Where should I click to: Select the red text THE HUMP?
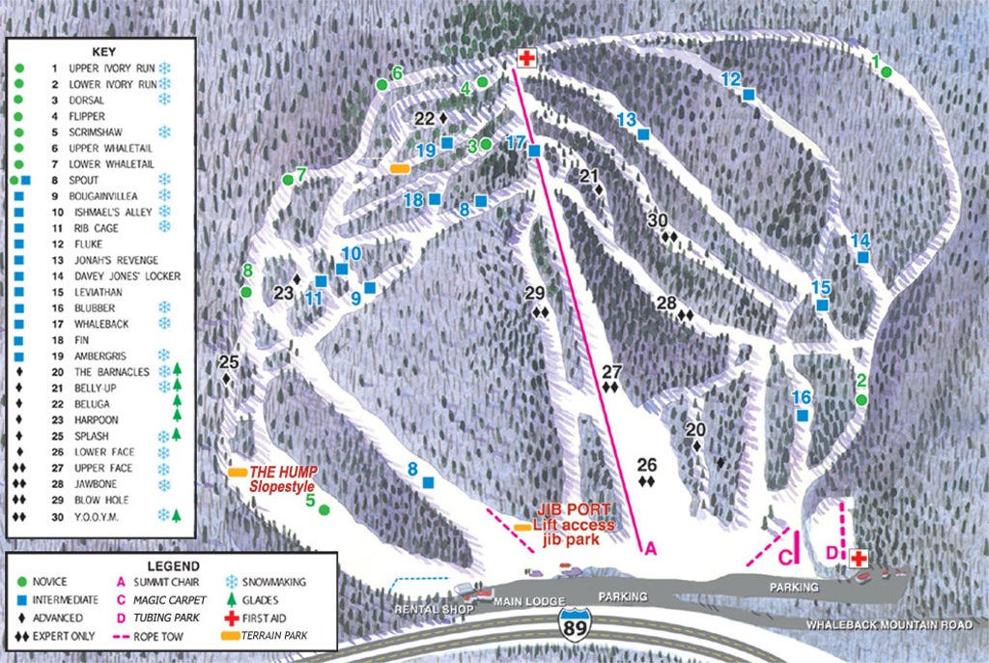pos(283,472)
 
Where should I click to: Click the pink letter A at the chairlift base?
pos(650,549)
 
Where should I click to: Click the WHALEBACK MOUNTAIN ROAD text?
pos(890,624)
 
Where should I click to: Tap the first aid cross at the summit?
pos(526,58)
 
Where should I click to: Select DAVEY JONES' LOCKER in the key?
pos(125,276)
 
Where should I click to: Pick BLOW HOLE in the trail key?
pos(99,501)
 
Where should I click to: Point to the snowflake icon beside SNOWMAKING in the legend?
pos(232,582)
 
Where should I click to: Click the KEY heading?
pos(103,50)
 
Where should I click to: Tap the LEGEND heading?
pos(173,565)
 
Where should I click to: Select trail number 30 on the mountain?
pos(659,219)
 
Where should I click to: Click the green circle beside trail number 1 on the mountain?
pos(886,71)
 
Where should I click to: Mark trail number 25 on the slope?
pos(228,362)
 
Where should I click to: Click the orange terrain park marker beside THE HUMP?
pos(237,472)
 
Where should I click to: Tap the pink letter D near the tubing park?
pos(832,553)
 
